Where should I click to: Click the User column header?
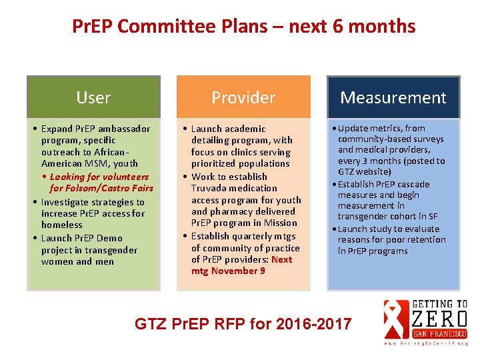click(93, 97)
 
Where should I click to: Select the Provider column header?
click(243, 97)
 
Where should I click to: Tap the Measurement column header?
click(393, 97)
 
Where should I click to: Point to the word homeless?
click(62, 225)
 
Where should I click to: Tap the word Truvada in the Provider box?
click(211, 188)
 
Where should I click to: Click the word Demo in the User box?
click(109, 238)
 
